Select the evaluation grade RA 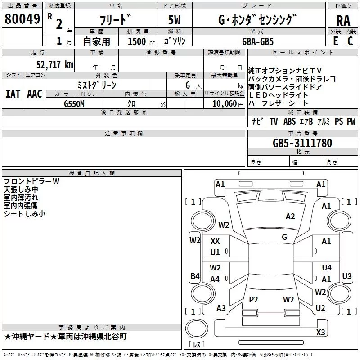click(x=343, y=20)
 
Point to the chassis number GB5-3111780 click(x=302, y=144)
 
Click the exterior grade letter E click(x=335, y=41)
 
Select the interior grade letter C click(x=350, y=41)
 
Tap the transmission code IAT click(x=13, y=94)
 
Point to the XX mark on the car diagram click(x=215, y=241)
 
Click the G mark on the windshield click(x=284, y=237)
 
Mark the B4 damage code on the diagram click(x=195, y=276)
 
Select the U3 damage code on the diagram click(x=347, y=276)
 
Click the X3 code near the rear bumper click(x=320, y=332)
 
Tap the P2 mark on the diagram click(x=253, y=299)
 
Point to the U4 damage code click(x=326, y=268)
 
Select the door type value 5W click(x=174, y=20)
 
